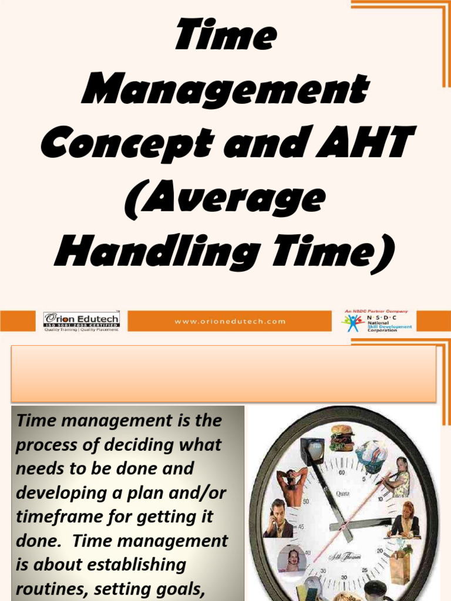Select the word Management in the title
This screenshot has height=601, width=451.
225,90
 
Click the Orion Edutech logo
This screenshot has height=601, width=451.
81,320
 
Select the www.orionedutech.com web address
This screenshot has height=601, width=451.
230,321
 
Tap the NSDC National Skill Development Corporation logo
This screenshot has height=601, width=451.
376,321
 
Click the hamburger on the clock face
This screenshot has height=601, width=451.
341,437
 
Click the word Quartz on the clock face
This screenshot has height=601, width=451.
343,494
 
